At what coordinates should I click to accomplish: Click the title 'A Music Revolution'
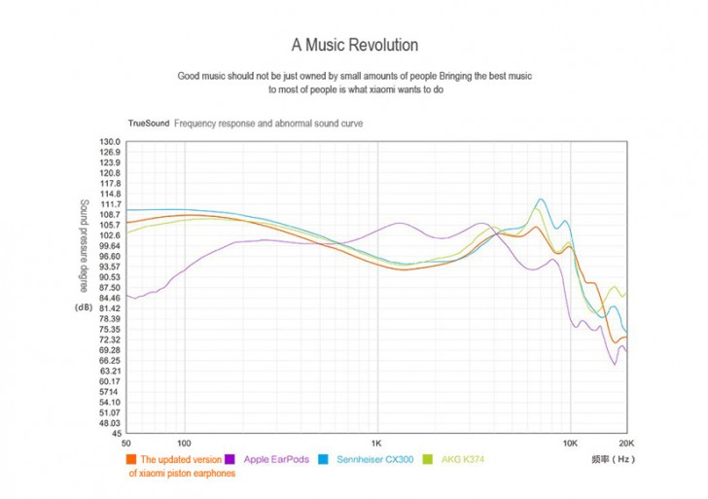(354, 46)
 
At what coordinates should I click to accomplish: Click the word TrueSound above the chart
(148, 125)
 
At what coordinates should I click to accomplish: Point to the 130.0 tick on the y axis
(109, 142)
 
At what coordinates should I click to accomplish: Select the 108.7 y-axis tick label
(109, 214)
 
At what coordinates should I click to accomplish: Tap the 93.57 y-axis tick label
(109, 267)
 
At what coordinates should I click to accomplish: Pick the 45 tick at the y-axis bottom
(115, 434)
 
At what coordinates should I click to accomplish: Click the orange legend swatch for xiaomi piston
(131, 458)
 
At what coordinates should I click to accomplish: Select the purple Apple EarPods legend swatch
(230, 458)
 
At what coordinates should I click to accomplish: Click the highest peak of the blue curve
(540, 199)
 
